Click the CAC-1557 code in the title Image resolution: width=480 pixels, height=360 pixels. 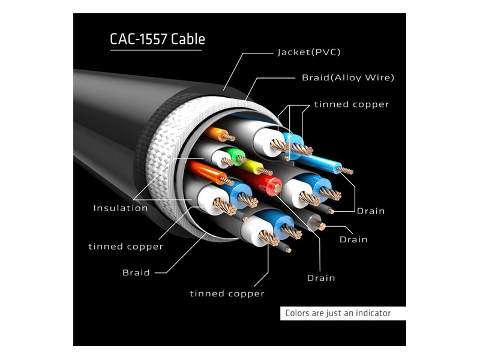coord(139,40)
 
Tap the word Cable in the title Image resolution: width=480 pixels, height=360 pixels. coord(188,40)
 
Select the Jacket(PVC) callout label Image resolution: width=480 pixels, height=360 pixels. coord(309,52)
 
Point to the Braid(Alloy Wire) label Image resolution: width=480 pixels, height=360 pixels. coord(347,77)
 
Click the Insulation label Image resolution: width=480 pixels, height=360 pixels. coord(120,208)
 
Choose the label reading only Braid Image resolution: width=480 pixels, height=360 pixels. coord(136,272)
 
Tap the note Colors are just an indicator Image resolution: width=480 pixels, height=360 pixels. coord(338,313)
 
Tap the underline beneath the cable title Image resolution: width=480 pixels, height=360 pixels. coord(157,50)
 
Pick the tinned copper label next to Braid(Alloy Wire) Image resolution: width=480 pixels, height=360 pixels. coord(351,104)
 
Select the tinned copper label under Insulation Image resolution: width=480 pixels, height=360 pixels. coord(125,247)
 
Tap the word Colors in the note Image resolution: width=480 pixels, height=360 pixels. coord(297,313)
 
